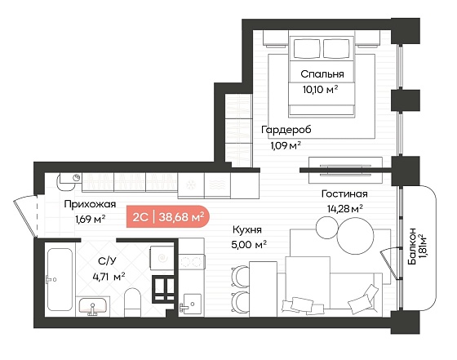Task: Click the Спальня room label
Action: click(322, 74)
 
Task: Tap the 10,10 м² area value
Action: click(320, 90)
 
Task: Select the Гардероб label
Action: click(286, 130)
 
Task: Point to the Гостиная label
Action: click(344, 193)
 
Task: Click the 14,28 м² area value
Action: click(344, 209)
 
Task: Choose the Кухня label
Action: click(247, 230)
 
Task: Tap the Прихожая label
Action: click(90, 204)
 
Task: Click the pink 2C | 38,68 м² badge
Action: click(168, 216)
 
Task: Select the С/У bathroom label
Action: click(107, 261)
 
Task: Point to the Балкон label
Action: click(412, 247)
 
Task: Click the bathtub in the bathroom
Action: click(60, 279)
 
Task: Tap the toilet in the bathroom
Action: click(132, 302)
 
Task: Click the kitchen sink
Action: click(191, 304)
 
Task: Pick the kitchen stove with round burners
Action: click(191, 262)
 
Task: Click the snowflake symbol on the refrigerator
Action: click(191, 185)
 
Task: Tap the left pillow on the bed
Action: click(307, 49)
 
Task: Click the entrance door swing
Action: click(25, 216)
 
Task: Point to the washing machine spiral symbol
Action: click(162, 258)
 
